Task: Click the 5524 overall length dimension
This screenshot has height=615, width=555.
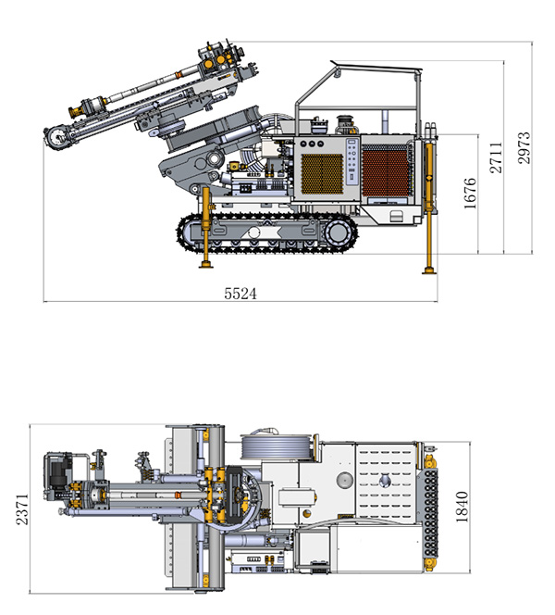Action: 240,294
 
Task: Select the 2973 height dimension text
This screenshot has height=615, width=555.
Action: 524,148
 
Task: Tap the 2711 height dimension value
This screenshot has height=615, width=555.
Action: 497,157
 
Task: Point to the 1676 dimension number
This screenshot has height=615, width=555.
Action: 470,194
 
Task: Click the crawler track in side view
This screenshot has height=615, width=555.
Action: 268,235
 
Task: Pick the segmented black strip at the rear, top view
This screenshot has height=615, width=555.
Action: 427,510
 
